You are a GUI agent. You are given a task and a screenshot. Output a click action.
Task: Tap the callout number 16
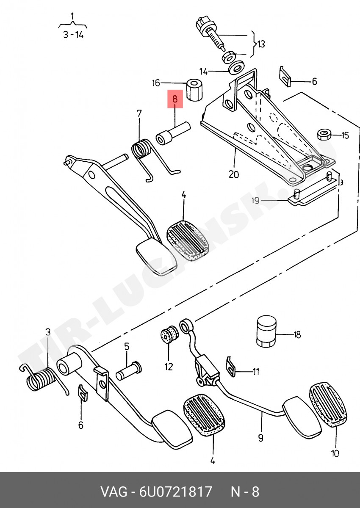156,83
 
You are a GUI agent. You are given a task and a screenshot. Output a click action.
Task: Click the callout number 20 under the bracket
234,174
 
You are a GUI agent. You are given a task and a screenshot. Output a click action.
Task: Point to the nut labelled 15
324,135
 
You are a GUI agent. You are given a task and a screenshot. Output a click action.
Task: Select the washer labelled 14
236,67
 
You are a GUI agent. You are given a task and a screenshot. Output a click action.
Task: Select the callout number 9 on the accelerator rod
261,437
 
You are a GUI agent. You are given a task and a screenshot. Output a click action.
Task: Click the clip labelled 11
231,367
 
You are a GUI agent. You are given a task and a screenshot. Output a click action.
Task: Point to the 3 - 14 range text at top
73,35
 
